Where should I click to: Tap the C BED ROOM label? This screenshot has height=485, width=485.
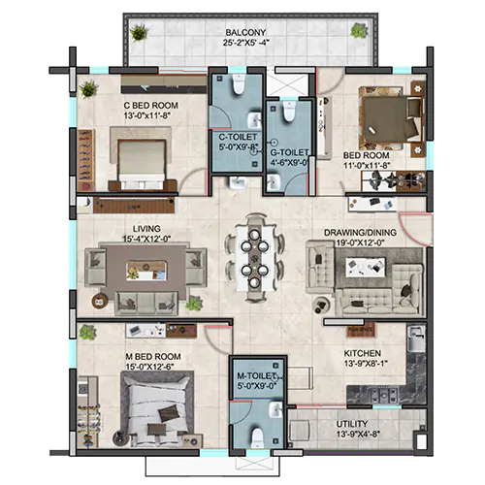tap(150, 106)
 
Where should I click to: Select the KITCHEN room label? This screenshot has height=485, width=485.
tap(362, 353)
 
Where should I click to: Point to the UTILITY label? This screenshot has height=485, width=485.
tap(352, 424)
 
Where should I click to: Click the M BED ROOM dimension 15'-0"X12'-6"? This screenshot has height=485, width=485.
tap(149, 367)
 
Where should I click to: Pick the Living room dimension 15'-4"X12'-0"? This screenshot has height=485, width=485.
tap(146, 239)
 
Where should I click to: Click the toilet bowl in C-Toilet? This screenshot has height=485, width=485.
tap(239, 84)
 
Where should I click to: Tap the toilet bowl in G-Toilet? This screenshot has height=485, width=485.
tap(289, 111)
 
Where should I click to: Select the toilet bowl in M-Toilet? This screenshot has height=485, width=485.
tap(258, 437)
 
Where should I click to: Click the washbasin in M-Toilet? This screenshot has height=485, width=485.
tap(275, 409)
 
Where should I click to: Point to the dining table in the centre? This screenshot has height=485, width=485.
tap(255, 258)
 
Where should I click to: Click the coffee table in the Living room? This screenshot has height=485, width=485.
tap(146, 271)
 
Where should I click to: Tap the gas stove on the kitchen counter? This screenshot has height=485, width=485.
tap(384, 395)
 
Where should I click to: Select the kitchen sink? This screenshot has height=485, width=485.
tap(416, 339)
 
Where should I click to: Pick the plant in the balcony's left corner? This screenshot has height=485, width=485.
tap(139, 32)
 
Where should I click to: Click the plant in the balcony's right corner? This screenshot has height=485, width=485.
tap(359, 30)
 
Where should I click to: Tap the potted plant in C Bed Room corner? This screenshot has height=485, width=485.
tap(88, 89)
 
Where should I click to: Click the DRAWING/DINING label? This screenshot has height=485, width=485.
tap(360, 233)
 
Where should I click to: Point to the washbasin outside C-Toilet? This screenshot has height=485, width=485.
tap(239, 182)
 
